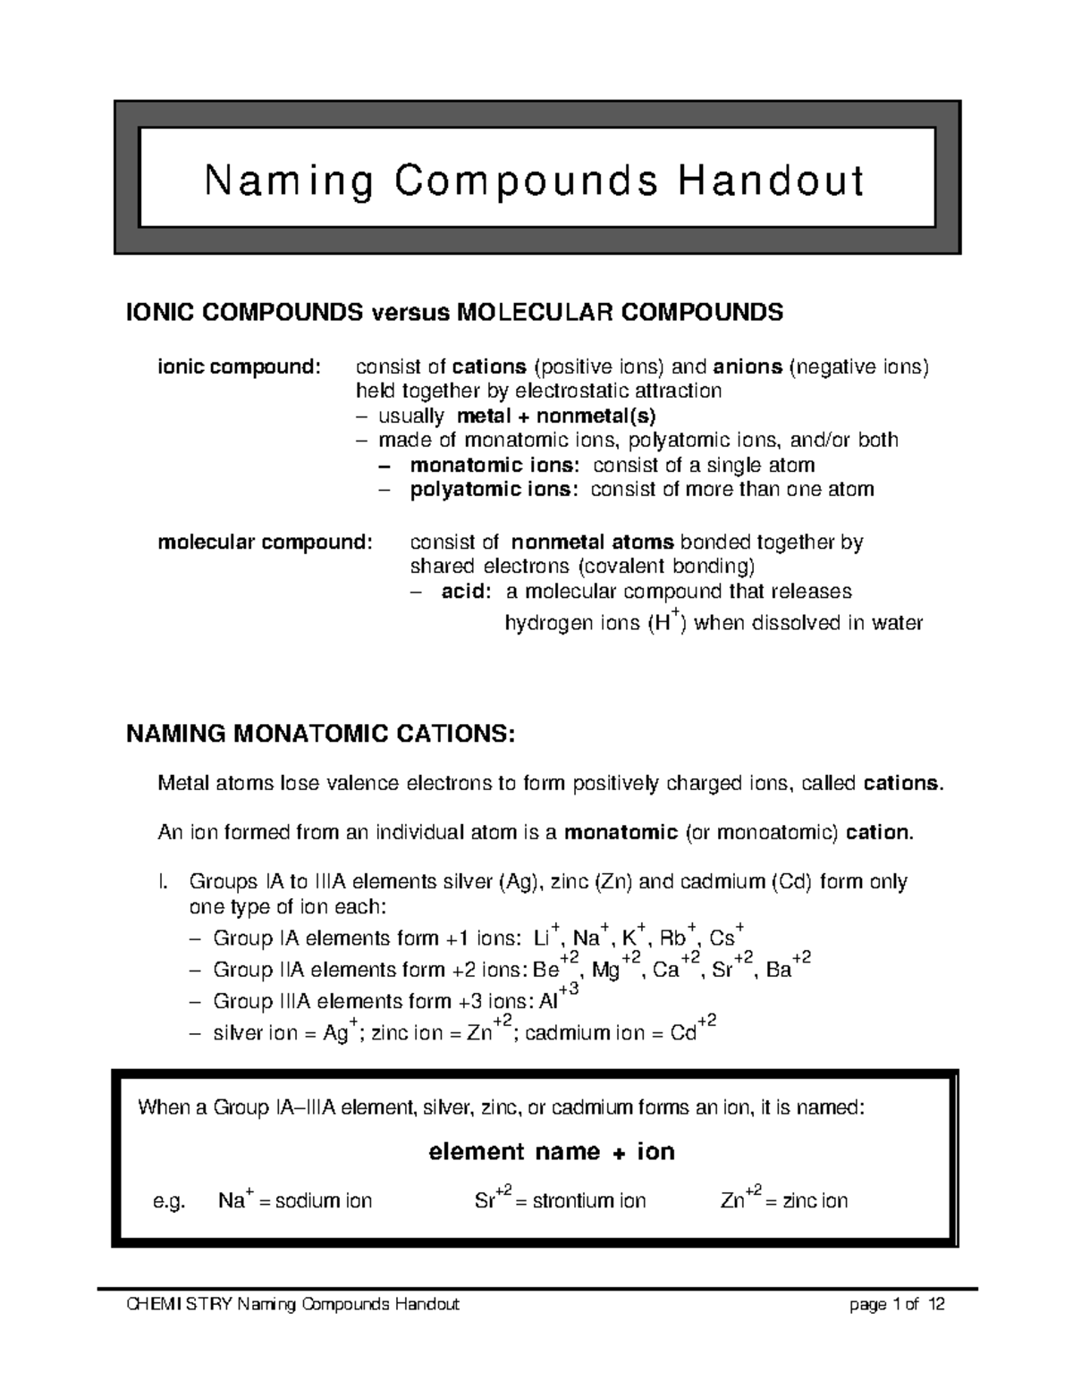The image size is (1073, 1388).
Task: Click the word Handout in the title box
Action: click(x=771, y=181)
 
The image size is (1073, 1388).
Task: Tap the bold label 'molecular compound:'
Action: click(x=264, y=543)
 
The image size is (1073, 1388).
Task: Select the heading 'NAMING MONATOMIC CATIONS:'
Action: click(x=321, y=735)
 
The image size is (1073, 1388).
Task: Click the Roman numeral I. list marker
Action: click(x=162, y=882)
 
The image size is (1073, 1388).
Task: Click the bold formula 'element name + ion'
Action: click(x=552, y=1151)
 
